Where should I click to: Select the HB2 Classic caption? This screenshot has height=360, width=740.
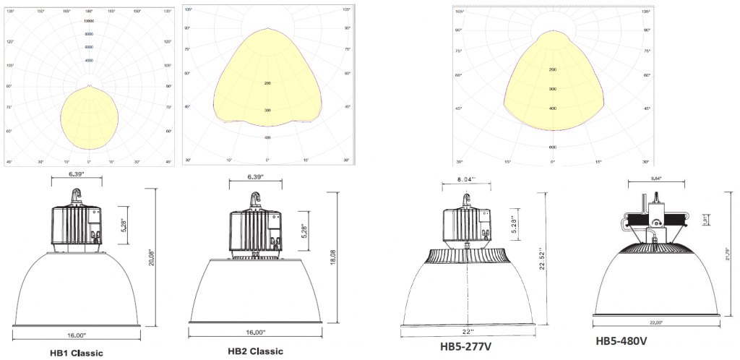pyautogui.click(x=255, y=351)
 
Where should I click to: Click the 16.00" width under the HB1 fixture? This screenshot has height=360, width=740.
pyautogui.click(x=76, y=335)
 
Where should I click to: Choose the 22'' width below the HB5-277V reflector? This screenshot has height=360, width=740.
pyautogui.click(x=470, y=330)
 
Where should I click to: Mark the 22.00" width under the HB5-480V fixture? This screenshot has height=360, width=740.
pyautogui.click(x=655, y=324)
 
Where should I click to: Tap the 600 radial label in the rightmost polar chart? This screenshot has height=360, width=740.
pyautogui.click(x=552, y=147)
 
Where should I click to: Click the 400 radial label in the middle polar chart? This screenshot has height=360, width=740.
pyautogui.click(x=267, y=137)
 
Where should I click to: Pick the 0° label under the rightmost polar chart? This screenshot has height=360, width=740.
pyautogui.click(x=552, y=162)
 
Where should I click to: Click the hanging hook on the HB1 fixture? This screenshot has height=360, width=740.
pyautogui.click(x=74, y=195)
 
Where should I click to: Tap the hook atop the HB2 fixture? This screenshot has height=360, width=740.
pyautogui.click(x=255, y=200)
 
